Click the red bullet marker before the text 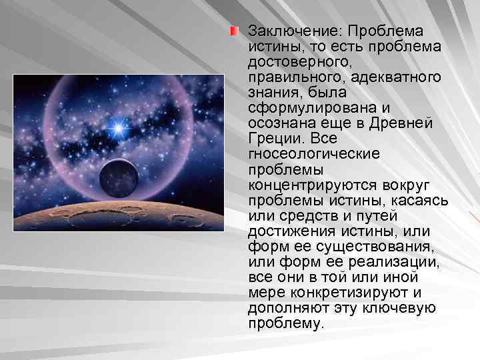235,31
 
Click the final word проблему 285,323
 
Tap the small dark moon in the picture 119,177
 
